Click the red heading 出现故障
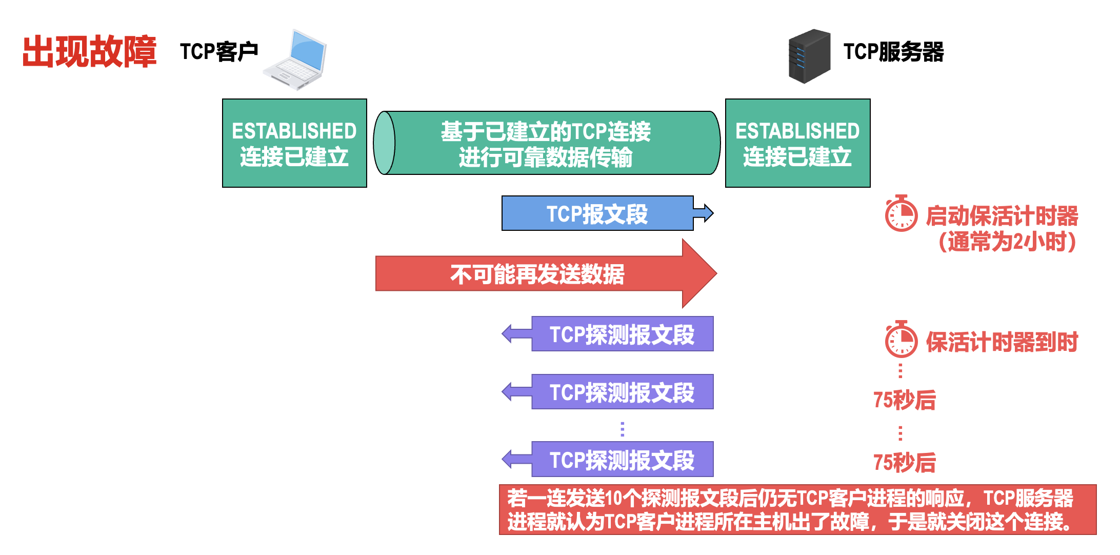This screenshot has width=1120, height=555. tap(89, 52)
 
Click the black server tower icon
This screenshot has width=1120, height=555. tap(809, 56)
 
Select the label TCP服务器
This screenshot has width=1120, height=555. tap(893, 52)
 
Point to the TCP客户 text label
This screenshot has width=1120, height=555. tap(219, 52)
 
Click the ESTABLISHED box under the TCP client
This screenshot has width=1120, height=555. tap(294, 143)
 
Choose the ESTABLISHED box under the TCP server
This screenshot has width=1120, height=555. tap(797, 143)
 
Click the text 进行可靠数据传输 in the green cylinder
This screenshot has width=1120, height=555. tap(546, 157)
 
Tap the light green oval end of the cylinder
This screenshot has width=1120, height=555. tap(385, 143)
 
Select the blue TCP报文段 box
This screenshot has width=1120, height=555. tap(597, 213)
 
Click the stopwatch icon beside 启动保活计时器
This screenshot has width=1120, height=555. tap(901, 214)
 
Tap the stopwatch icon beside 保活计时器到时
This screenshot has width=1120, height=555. tap(901, 340)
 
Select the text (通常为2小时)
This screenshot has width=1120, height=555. tap(1007, 242)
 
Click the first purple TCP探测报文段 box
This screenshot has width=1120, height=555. tap(622, 334)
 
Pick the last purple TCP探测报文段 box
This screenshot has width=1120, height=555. tap(622, 460)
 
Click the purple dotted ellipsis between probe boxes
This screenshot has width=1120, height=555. tap(622, 429)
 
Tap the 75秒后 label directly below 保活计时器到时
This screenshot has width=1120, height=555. tap(905, 400)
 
